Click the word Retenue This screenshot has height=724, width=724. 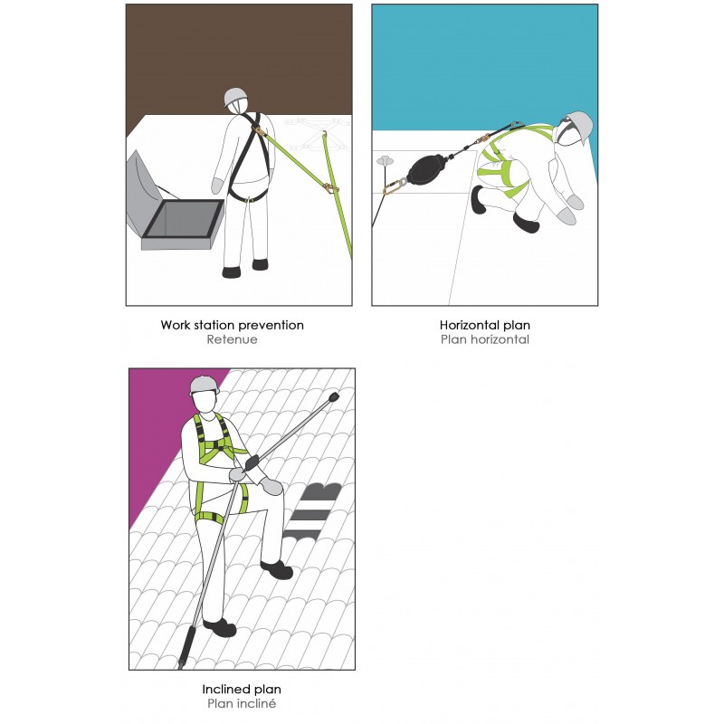pyautogui.click(x=232, y=339)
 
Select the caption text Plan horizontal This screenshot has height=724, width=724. pyautogui.click(x=485, y=339)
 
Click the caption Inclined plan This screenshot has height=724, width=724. pyautogui.click(x=242, y=690)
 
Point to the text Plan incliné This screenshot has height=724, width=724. pyautogui.click(x=242, y=704)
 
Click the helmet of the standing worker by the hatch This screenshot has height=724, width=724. pyautogui.click(x=236, y=98)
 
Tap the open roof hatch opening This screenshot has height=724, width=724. pyautogui.click(x=183, y=219)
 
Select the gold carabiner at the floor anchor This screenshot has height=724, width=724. pyautogui.click(x=394, y=186)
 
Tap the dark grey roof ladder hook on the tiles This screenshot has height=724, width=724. pyautogui.click(x=311, y=510)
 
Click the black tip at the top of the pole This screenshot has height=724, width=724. pyautogui.click(x=333, y=397)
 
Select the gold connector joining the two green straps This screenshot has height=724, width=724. pyautogui.click(x=329, y=188)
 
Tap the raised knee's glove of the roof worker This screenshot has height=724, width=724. pyautogui.click(x=271, y=486)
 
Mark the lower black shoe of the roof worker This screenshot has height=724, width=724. pyautogui.click(x=220, y=627)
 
